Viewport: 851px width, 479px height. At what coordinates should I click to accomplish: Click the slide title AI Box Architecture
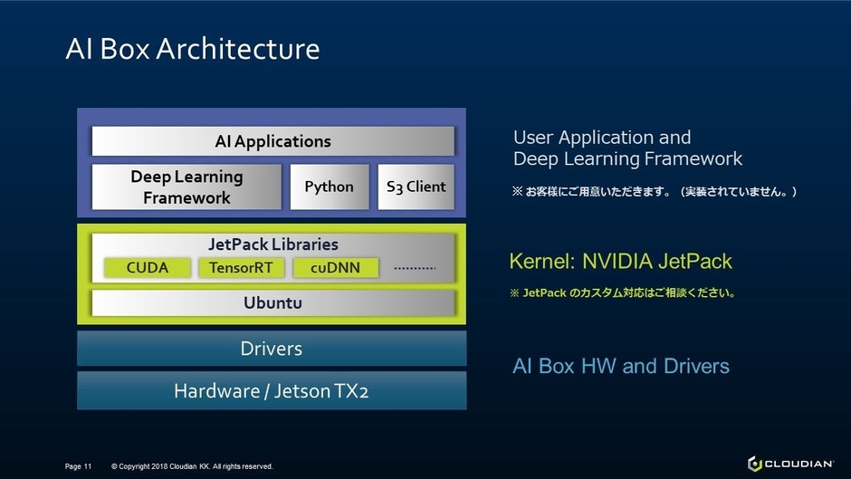[x=192, y=49]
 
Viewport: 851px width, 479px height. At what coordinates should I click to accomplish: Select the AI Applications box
[x=273, y=141]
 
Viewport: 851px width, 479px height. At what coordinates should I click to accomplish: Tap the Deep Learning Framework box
[x=186, y=187]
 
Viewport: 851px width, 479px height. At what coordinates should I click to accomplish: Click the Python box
[x=329, y=187]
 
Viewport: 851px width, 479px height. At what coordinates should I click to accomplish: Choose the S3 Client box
[x=416, y=187]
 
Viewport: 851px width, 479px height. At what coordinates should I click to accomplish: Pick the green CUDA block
[x=148, y=267]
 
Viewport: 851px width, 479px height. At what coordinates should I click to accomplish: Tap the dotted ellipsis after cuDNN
[x=416, y=268]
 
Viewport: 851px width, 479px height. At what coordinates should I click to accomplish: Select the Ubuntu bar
[x=273, y=302]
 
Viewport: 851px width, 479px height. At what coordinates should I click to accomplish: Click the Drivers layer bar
[x=272, y=349]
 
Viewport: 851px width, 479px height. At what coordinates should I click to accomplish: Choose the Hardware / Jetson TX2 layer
[x=272, y=391]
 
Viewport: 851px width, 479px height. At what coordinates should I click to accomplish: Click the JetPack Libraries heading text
[x=273, y=244]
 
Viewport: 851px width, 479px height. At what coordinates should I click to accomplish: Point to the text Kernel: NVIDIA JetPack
[x=620, y=262]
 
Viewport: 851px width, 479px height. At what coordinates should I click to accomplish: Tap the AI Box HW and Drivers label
[x=620, y=366]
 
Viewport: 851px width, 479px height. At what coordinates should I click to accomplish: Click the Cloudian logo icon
[x=754, y=464]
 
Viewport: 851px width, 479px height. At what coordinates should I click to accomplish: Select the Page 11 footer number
[x=79, y=466]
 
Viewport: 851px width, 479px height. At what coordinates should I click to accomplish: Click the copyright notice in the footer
[x=192, y=466]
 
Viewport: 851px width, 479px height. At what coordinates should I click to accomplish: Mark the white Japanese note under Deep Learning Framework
[x=654, y=192]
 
